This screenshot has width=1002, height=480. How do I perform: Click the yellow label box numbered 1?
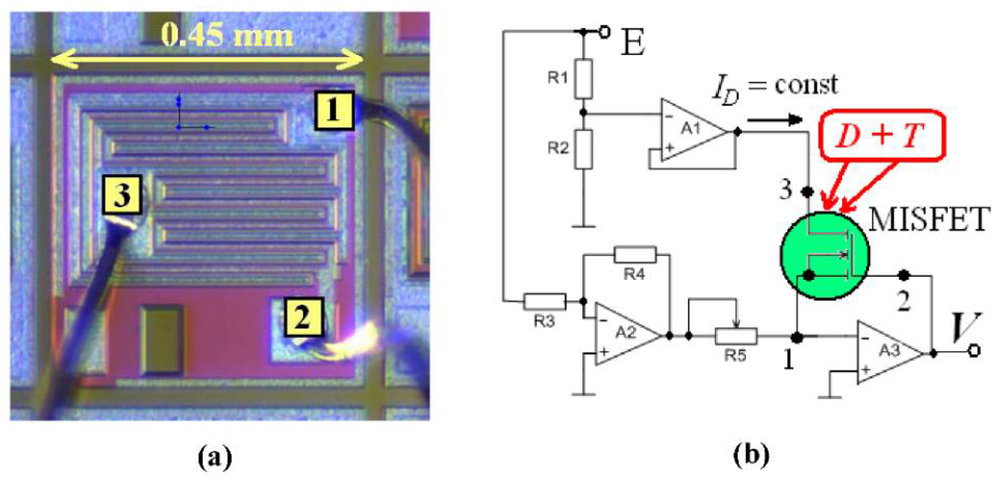(334, 110)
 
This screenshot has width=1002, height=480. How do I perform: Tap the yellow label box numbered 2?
(303, 316)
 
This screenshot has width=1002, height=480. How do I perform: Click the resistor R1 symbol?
(583, 79)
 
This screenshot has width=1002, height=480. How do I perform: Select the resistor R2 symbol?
(583, 149)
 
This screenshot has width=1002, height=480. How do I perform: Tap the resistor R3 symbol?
(545, 301)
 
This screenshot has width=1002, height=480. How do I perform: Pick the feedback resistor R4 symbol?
(635, 255)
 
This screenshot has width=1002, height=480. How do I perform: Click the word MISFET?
(929, 219)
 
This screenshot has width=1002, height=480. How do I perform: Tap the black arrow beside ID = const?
(774, 119)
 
